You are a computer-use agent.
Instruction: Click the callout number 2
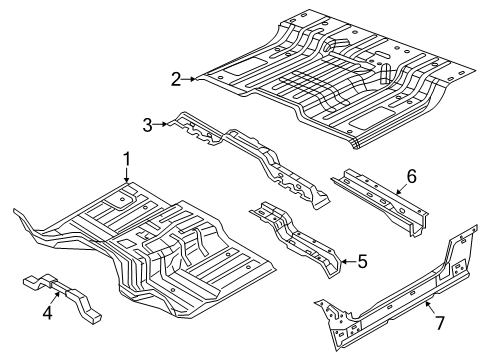tap(175, 79)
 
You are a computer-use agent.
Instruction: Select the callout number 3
tap(148, 124)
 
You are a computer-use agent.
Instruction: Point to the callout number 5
tap(362, 262)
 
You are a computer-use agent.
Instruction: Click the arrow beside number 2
tap(192, 79)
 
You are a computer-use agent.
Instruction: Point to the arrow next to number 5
tap(345, 262)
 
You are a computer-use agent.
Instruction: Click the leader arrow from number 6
tap(396, 184)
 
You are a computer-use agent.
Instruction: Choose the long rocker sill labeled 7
tap(390, 300)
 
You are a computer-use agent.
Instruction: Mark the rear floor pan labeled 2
tap(330, 80)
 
